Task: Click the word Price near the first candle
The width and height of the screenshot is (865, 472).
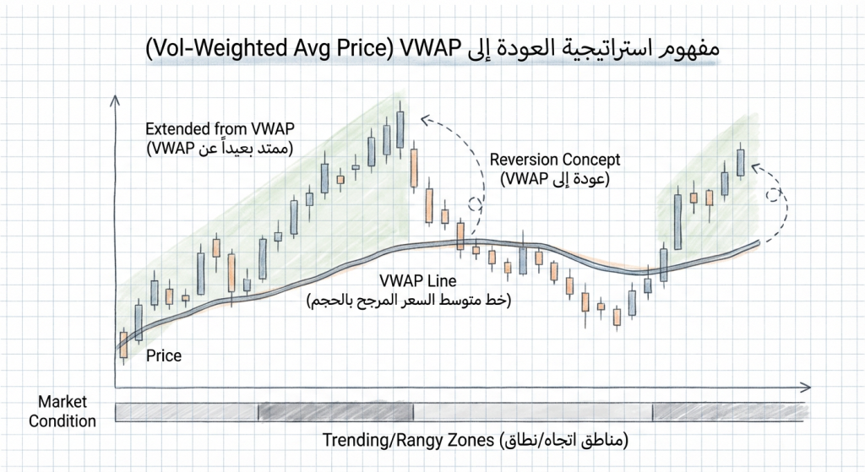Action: (x=163, y=355)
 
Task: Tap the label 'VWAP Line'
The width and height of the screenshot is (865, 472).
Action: (x=409, y=281)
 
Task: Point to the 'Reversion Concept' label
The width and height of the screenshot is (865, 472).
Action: (x=555, y=160)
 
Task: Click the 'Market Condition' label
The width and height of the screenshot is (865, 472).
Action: (x=63, y=412)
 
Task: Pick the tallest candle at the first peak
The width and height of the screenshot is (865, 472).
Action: (x=400, y=130)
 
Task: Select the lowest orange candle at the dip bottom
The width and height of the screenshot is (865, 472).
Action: (x=617, y=317)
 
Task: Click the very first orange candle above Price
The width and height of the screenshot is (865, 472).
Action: (x=123, y=345)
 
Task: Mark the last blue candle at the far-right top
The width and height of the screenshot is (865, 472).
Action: (x=741, y=162)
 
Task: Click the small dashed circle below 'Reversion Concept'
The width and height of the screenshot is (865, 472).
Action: (x=476, y=203)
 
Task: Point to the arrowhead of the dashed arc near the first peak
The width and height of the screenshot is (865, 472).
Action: (x=425, y=117)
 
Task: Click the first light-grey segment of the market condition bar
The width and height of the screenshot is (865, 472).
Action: (x=186, y=412)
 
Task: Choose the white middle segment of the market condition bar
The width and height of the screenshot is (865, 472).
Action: (x=532, y=412)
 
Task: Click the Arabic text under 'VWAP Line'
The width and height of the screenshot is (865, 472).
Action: (x=409, y=301)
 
